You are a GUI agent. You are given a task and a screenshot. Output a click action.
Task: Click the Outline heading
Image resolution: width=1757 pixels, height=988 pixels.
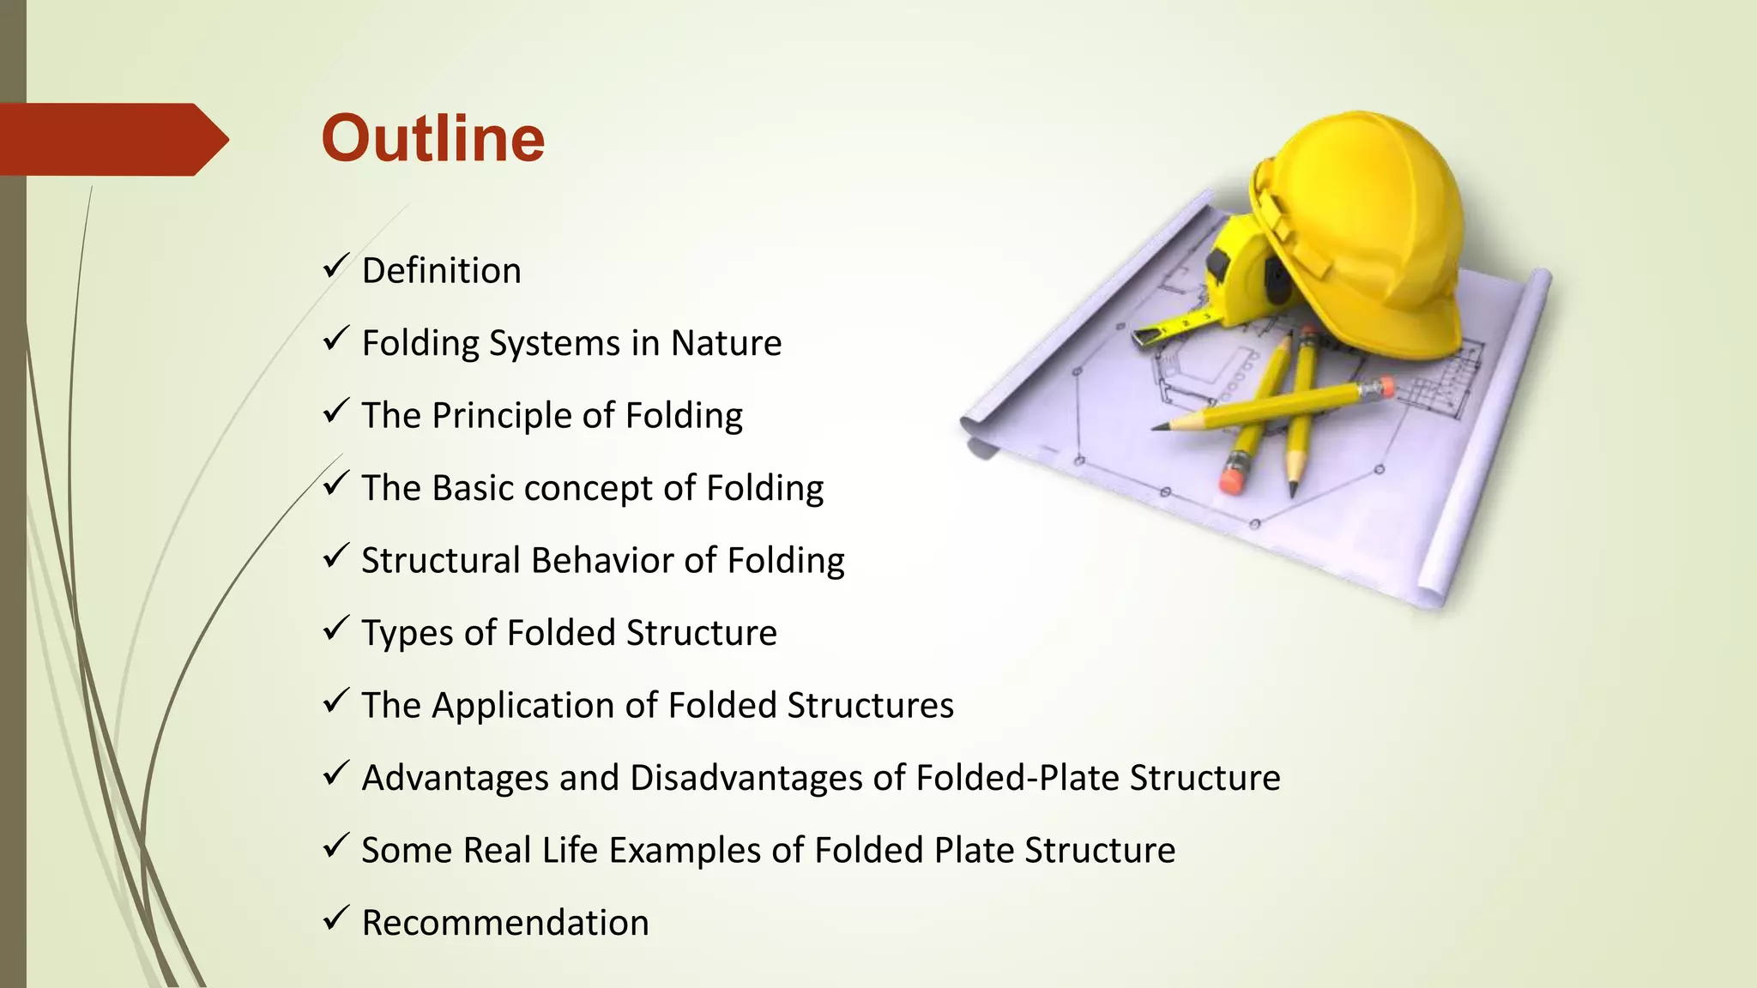click(x=432, y=139)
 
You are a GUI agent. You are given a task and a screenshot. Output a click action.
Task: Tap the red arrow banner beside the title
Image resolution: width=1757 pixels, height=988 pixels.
click(x=112, y=139)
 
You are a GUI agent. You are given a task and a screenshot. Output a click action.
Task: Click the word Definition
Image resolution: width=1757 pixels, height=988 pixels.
click(x=441, y=271)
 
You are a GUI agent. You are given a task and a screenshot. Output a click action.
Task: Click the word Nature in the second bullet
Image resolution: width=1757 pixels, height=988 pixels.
click(x=726, y=343)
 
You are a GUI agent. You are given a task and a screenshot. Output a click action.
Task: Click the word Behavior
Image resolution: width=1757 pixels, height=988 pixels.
click(x=602, y=561)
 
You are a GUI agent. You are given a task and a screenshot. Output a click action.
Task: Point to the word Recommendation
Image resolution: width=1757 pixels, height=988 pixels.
click(x=504, y=923)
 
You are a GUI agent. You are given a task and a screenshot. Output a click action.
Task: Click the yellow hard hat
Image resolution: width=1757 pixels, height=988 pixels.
click(x=1364, y=223)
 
